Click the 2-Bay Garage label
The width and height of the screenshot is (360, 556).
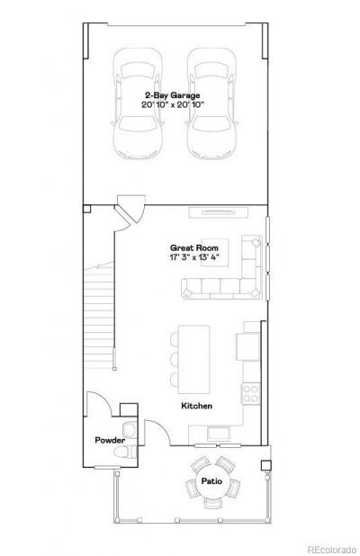coord(173,95)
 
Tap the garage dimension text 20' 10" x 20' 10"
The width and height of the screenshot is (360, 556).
coord(173,105)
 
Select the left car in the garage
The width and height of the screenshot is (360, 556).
coord(138,103)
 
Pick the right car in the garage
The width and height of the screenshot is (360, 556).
coord(211,103)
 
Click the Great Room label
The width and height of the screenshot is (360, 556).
coord(194,248)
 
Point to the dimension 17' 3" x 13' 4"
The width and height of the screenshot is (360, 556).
coord(194,257)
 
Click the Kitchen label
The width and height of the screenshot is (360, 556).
coord(197,406)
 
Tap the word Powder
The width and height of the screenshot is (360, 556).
coord(110,441)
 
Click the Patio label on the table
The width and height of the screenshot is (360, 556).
coord(211,481)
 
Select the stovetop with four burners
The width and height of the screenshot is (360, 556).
coord(251,393)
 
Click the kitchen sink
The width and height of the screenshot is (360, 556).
coord(219,434)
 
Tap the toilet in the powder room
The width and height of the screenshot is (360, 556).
coord(125,453)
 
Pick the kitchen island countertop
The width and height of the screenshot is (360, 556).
coord(193,359)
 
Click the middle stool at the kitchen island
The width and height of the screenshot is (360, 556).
coord(175,359)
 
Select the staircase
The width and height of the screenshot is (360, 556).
coord(99,316)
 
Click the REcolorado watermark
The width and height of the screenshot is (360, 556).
coord(331,550)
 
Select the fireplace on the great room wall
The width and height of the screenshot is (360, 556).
coord(218,212)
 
